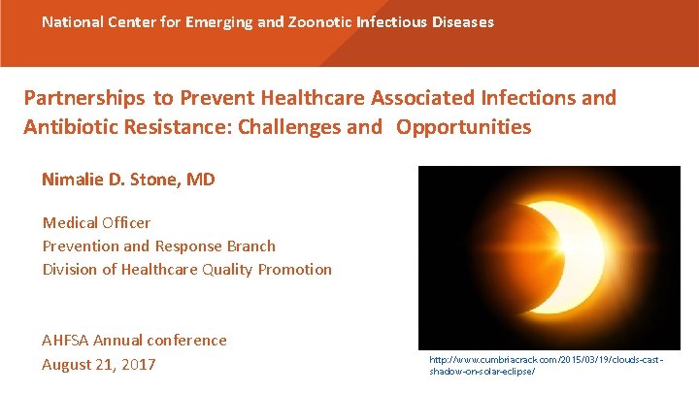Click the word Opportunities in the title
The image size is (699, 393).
[x=464, y=127]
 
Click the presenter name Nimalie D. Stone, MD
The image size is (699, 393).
[x=128, y=180]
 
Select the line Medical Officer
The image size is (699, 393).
[x=96, y=223]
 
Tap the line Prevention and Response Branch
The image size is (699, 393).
[x=158, y=246]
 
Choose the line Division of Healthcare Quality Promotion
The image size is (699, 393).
[x=186, y=270]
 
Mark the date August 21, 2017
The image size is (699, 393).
[x=98, y=365]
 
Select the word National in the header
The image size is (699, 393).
[x=73, y=21]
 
